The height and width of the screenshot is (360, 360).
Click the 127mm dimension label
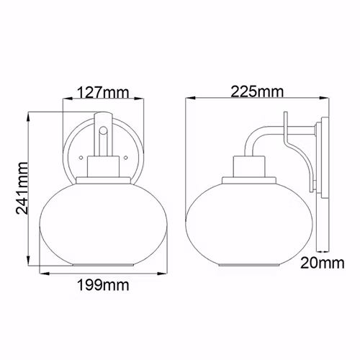click(103, 92)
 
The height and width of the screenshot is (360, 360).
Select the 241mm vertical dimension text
click(22, 188)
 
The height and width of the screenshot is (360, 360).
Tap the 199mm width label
click(103, 285)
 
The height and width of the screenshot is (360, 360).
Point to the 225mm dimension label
click(257, 91)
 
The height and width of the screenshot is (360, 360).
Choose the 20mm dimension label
click(323, 263)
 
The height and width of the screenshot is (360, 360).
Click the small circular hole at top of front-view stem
click(104, 130)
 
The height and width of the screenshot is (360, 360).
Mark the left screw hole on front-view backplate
click(81, 158)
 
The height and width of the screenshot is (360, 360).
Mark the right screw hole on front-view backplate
click(125, 158)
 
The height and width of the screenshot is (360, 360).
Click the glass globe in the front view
click(104, 225)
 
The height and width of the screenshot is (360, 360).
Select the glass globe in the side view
click(249, 225)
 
